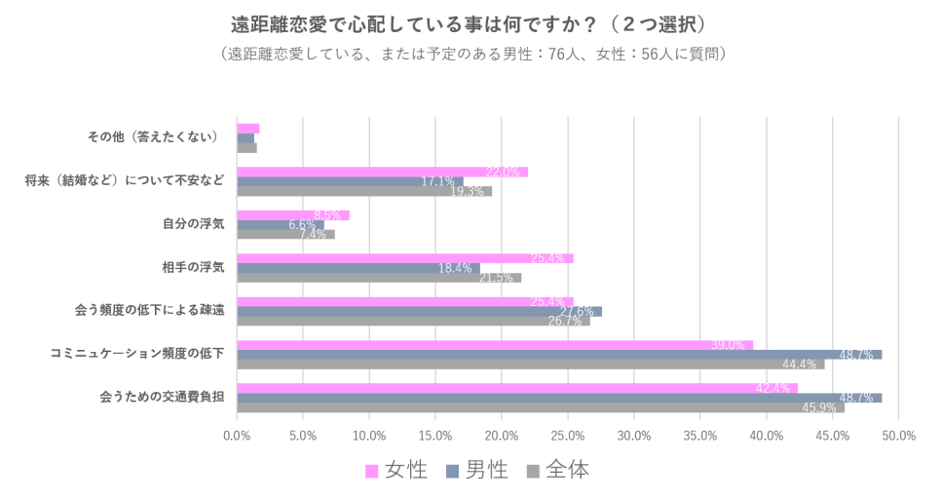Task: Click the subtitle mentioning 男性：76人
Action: [x=472, y=54]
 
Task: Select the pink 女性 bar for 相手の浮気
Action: [x=404, y=258]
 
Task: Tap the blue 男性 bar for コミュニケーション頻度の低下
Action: [x=559, y=354]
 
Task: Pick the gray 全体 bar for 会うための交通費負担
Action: [x=540, y=407]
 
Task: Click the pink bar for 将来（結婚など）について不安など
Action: [x=382, y=172]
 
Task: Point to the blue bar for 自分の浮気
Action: [x=281, y=225]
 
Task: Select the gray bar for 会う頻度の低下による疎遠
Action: [x=413, y=321]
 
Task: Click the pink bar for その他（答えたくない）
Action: [x=248, y=129]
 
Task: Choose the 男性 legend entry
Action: [x=477, y=471]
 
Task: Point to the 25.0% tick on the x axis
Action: [x=568, y=436]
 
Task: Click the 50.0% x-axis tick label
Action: [x=898, y=436]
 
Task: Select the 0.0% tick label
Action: [x=238, y=436]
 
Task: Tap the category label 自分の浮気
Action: [x=194, y=223]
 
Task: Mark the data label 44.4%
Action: [x=800, y=365]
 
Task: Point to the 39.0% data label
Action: [x=728, y=345]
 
